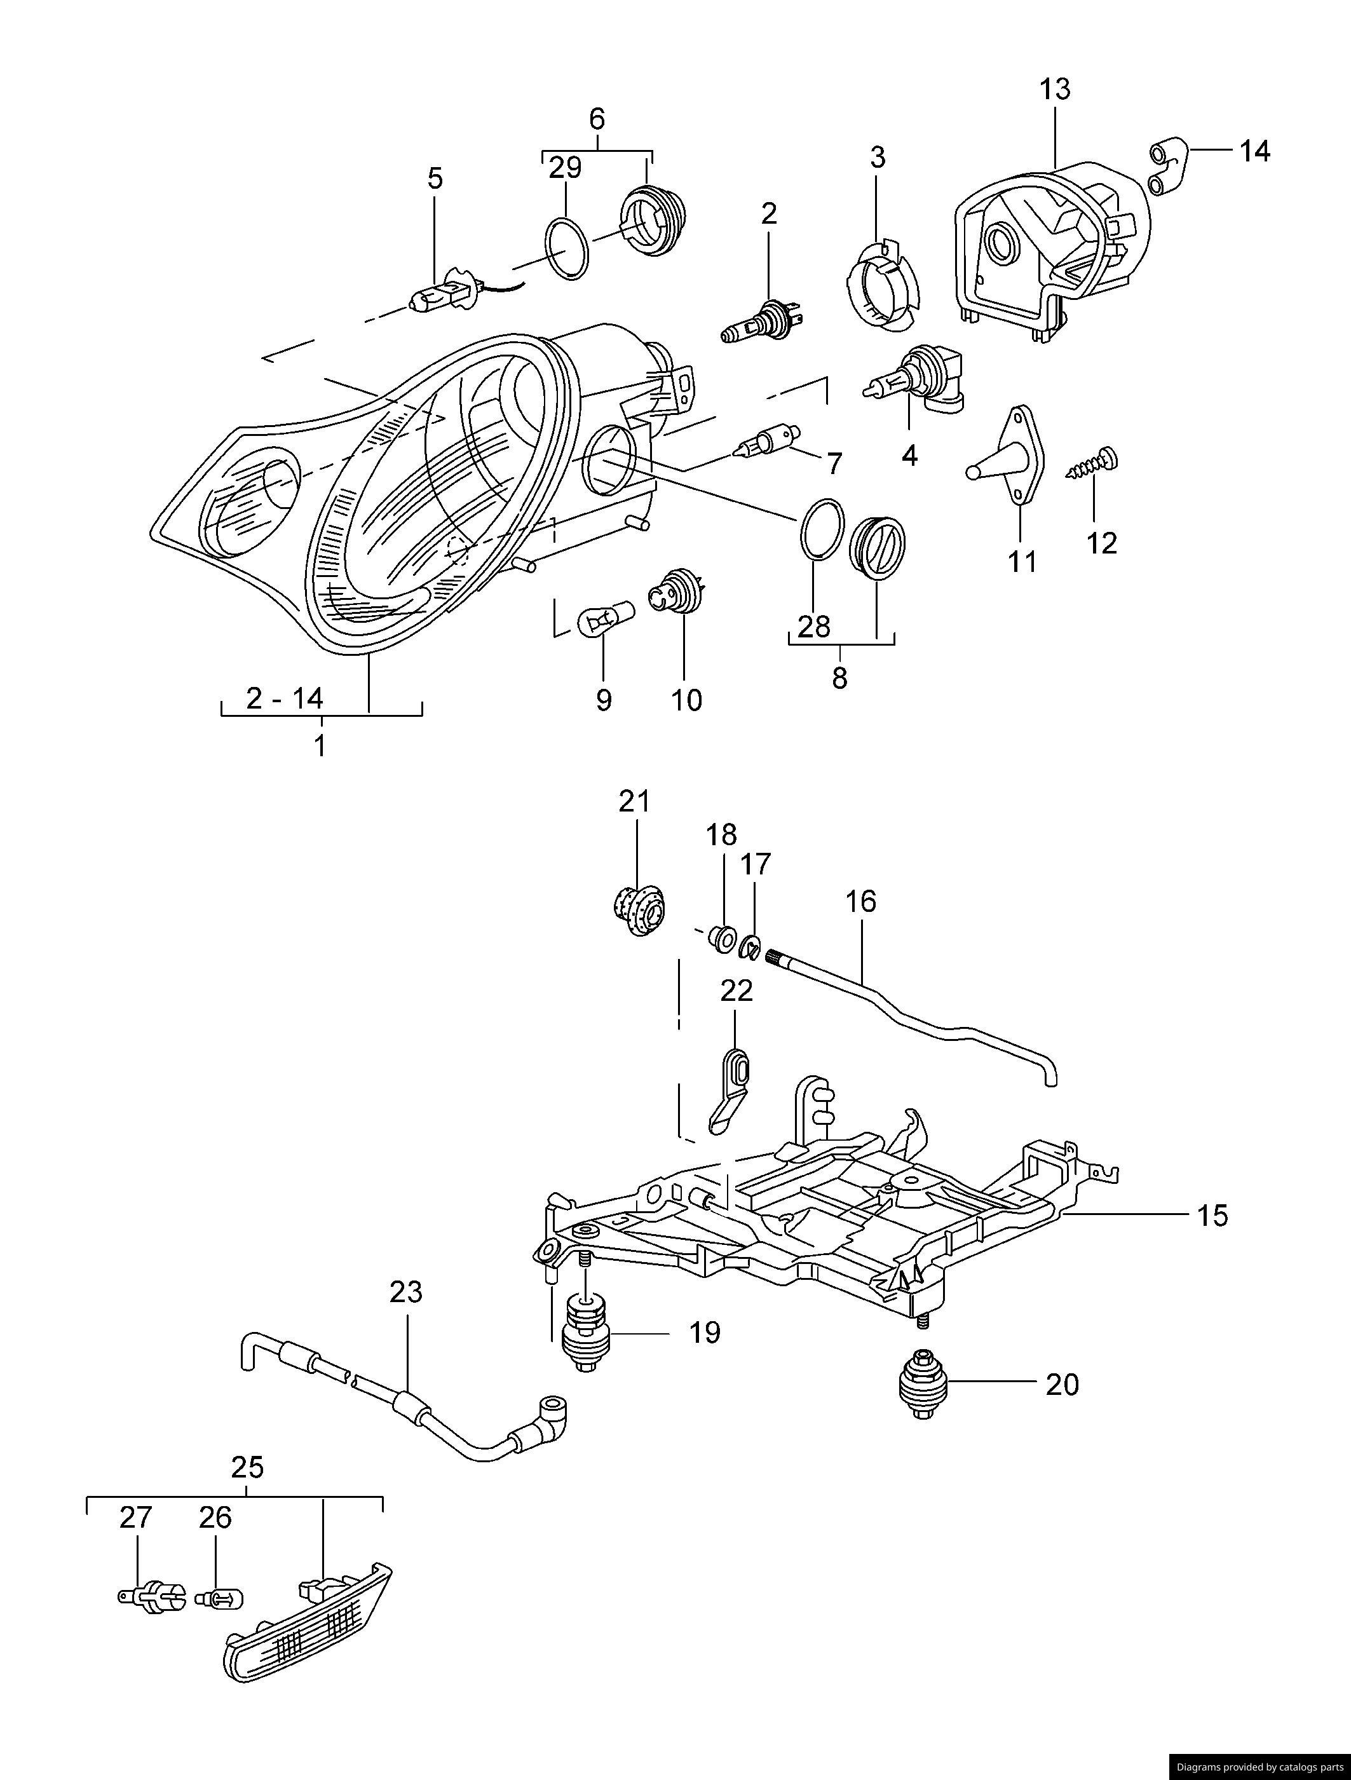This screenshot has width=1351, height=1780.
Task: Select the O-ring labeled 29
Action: click(x=567, y=248)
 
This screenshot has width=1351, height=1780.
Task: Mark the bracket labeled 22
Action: click(x=732, y=1090)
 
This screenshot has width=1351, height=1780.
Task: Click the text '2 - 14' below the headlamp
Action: click(x=285, y=698)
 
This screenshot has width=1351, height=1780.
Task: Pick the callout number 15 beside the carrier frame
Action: click(x=1212, y=1215)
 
